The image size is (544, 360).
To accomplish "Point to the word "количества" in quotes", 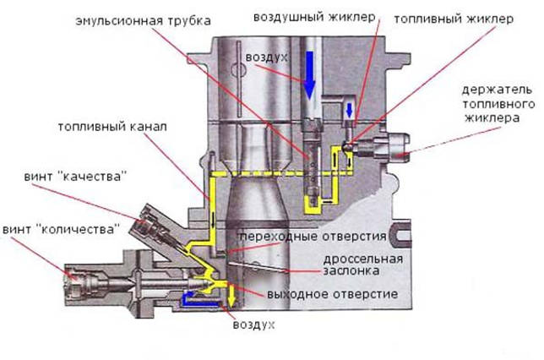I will (92, 228).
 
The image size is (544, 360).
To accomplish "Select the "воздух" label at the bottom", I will (253, 325).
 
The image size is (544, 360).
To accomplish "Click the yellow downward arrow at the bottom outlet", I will (229, 297).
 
